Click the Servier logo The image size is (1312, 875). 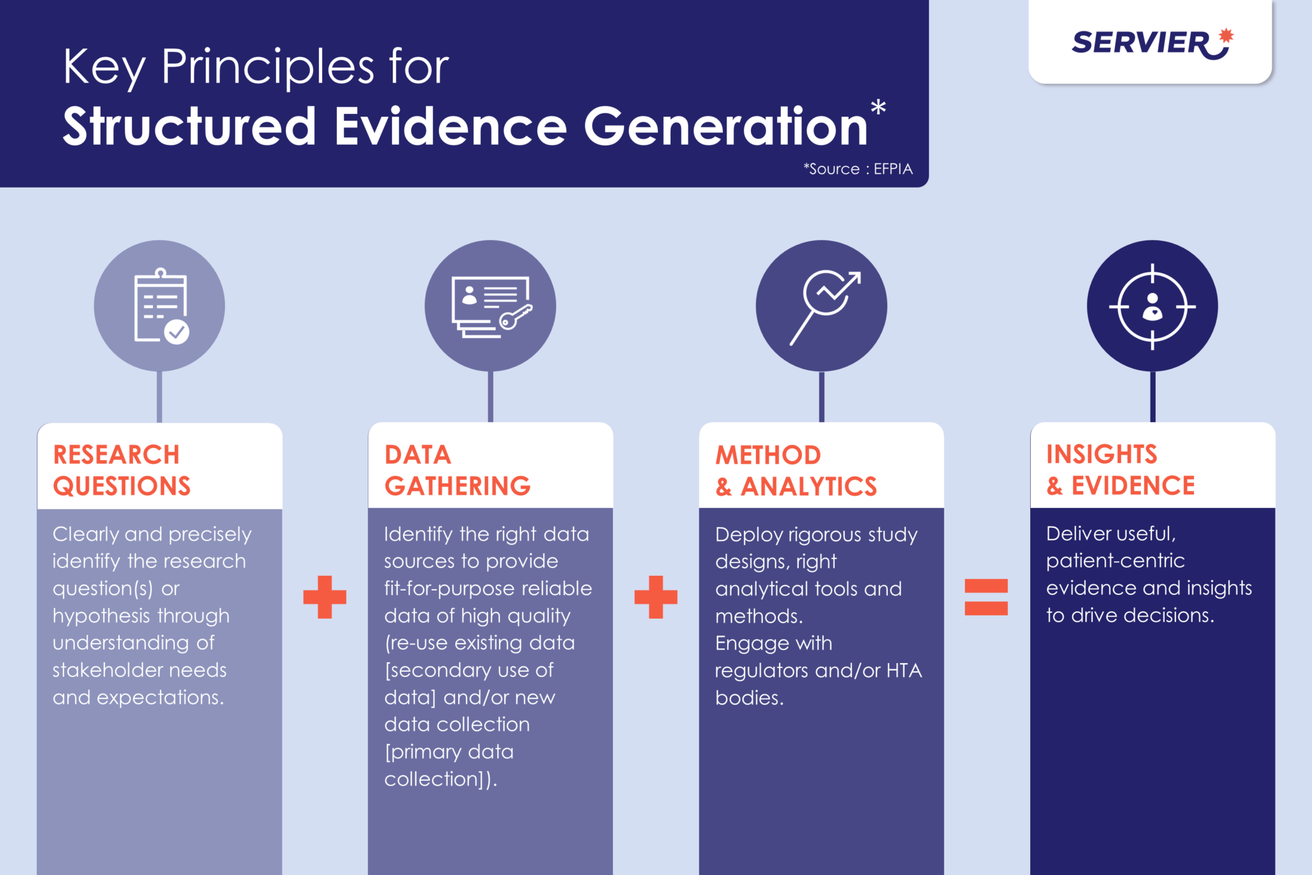pos(1152,44)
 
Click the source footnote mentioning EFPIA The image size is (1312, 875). pos(858,168)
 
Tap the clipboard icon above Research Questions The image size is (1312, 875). pos(161,306)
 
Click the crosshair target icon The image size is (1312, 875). pos(1152,307)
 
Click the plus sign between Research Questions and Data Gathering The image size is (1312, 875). pos(325,597)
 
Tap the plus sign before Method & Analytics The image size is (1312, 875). pos(655,597)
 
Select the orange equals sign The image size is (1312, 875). pos(986,597)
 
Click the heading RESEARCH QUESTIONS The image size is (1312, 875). pos(122,470)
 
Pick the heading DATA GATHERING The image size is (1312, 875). pos(457,470)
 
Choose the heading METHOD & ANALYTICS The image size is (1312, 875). pos(796,471)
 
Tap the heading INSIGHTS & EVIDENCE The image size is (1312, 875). pos(1120,470)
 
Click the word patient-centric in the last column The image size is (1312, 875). pos(1115,561)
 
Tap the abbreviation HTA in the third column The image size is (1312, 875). pos(904,671)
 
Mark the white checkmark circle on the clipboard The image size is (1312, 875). pos(177,332)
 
